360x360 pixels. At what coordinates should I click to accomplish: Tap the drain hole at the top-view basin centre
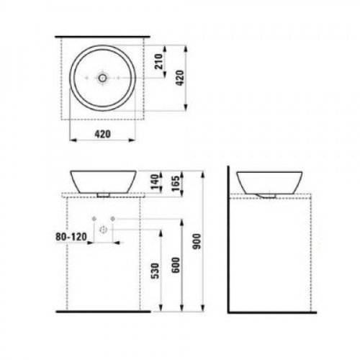(x=102, y=76)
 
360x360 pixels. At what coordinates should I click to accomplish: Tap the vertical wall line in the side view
(x=227, y=238)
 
